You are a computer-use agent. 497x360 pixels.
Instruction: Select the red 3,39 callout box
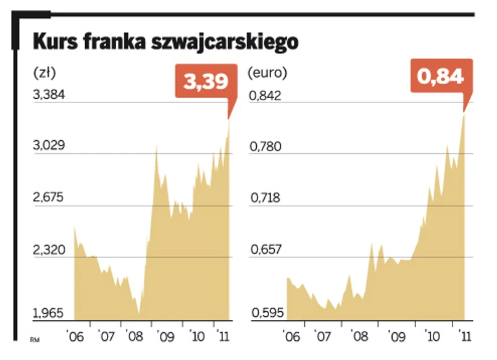tap(202, 82)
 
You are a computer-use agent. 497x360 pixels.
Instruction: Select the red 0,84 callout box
tap(440, 77)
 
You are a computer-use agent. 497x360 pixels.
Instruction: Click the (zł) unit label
tap(44, 72)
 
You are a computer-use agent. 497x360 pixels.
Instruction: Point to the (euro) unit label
tap(267, 72)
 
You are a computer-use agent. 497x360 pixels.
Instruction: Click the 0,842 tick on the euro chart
tap(265, 95)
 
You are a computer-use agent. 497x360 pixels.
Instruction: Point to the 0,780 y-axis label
tap(265, 147)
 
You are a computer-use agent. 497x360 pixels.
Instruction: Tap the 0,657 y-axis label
tap(265, 250)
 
